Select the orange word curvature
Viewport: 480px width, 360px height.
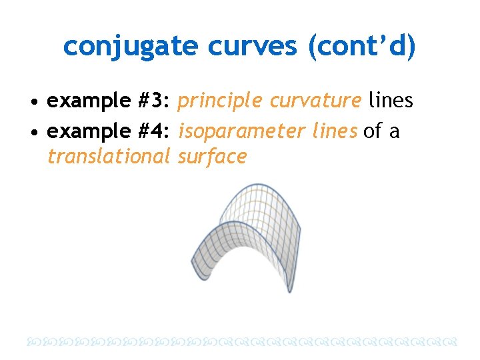pyautogui.click(x=315, y=101)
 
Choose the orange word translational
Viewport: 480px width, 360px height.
pyautogui.click(x=109, y=157)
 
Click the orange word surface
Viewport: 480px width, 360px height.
pyautogui.click(x=213, y=157)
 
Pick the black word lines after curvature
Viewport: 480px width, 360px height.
pyautogui.click(x=391, y=101)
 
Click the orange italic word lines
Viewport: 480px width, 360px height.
pyautogui.click(x=335, y=131)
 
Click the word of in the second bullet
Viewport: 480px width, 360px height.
pyautogui.click(x=372, y=131)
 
